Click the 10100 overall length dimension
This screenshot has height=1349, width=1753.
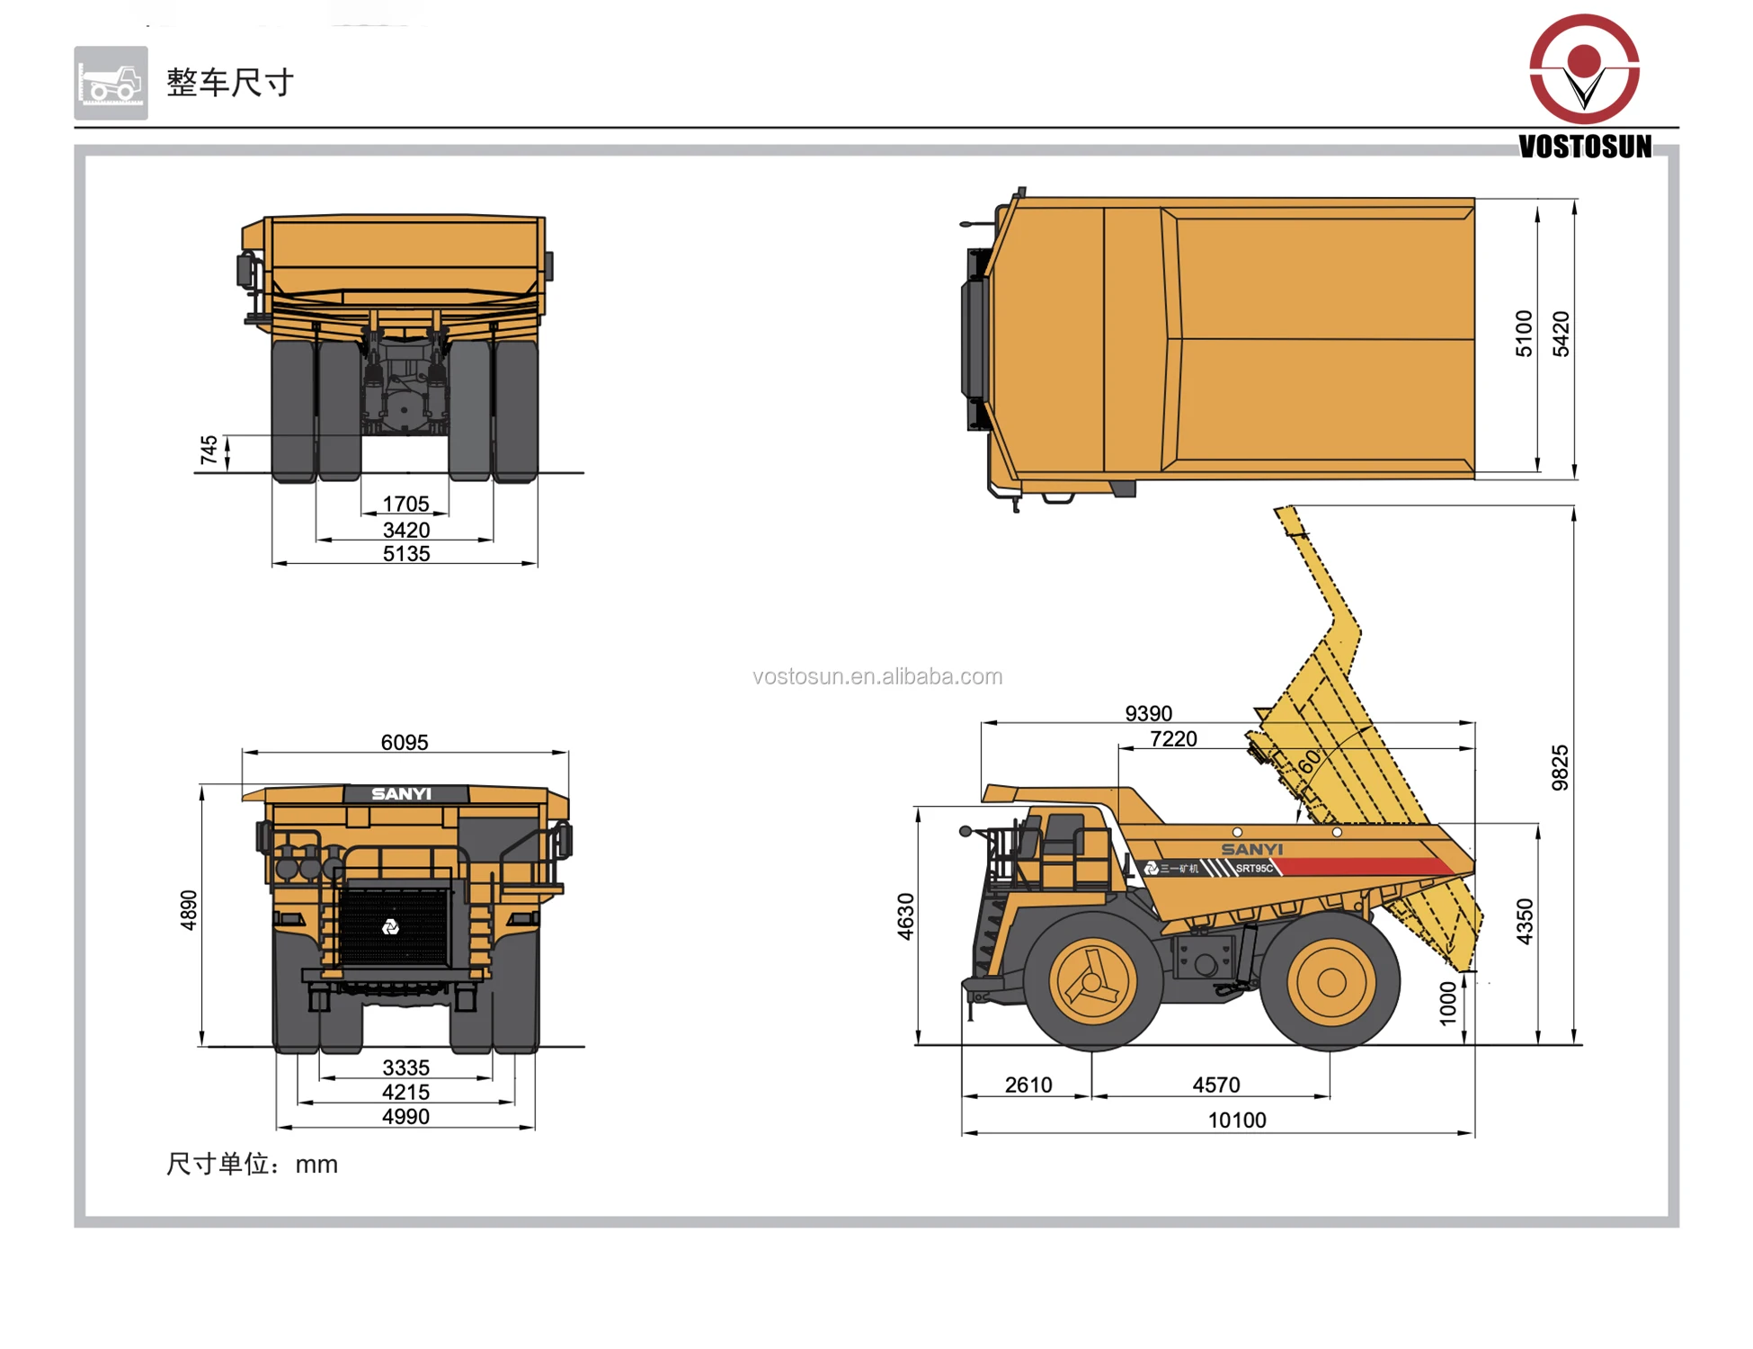1236,1120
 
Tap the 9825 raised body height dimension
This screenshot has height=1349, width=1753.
1560,767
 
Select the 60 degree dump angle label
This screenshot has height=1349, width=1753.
1310,761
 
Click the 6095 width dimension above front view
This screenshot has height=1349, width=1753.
405,742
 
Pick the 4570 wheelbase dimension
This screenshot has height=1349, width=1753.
1215,1085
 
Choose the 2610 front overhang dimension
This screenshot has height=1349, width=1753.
1028,1085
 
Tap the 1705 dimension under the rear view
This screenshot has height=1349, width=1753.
405,504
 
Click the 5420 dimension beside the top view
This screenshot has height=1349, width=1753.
1561,335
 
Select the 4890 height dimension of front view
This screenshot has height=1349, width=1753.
189,909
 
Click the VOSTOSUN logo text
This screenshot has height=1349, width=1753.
1584,147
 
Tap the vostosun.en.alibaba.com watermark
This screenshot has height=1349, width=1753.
876,676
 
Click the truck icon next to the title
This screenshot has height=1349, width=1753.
111,83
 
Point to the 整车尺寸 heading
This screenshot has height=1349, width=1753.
230,83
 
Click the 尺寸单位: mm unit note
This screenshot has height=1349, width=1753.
252,1164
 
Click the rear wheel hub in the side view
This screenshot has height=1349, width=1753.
1330,982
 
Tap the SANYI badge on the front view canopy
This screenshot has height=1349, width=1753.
402,793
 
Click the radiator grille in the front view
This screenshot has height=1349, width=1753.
393,927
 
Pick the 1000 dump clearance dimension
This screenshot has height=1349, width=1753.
1447,1003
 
